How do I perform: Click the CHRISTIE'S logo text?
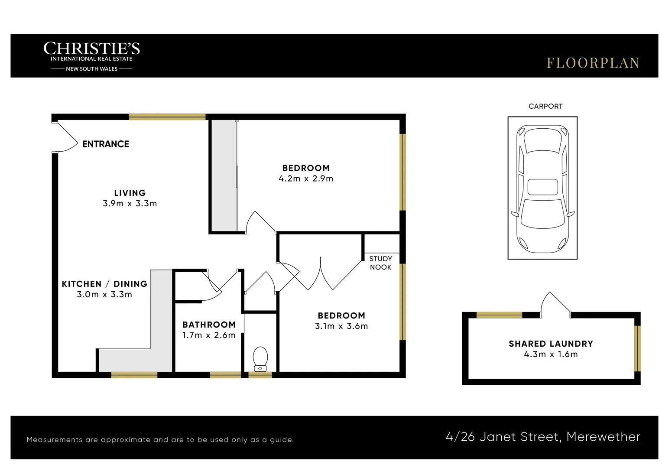pos(91,48)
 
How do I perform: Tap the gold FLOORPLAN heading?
pos(592,63)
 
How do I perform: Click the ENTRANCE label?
pos(106,144)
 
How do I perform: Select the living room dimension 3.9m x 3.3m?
pos(130,204)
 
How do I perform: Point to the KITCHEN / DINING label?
pos(104,284)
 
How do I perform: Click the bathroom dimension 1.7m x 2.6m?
pos(209,335)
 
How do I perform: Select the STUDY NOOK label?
pos(380,263)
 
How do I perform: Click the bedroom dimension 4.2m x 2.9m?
pos(306,179)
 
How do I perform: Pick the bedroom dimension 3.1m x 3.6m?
pos(341,326)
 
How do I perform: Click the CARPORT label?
pos(545,106)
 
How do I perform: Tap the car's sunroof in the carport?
pos(542,187)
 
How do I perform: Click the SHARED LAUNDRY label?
pos(551,344)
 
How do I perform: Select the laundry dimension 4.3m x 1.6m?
pos(551,354)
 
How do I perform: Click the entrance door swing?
pos(66,138)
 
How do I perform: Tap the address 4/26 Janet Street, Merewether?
pos(542,437)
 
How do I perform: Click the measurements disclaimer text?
pos(160,440)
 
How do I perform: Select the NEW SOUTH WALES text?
pos(91,69)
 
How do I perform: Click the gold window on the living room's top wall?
pos(167,117)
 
